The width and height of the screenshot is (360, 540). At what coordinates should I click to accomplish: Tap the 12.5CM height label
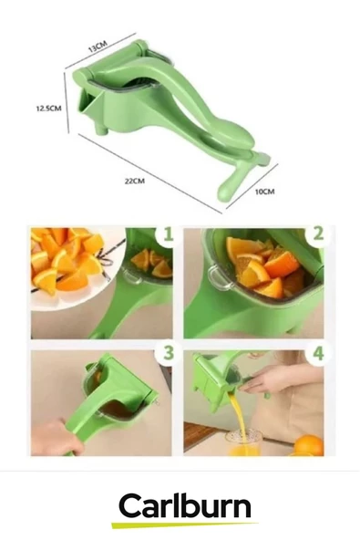point(47,108)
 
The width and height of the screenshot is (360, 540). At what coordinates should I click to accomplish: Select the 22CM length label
point(133,181)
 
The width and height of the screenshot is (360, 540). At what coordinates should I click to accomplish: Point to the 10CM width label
point(263,191)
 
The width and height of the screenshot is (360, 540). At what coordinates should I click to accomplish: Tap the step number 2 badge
point(316,234)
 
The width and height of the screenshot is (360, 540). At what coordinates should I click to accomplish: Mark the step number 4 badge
point(316,352)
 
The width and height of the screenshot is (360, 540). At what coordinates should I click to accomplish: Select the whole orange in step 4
point(309,444)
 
